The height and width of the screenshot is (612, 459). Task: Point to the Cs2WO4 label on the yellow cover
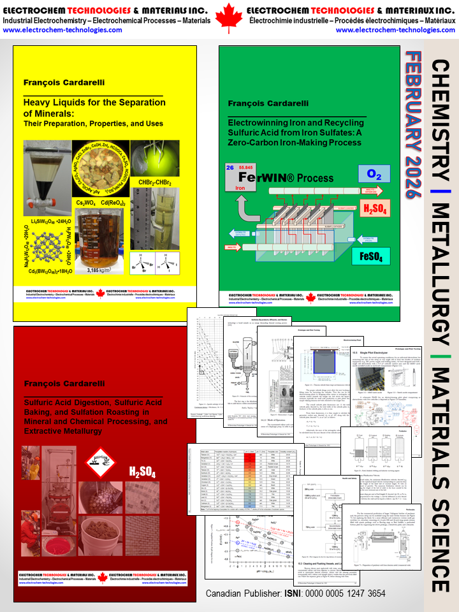90,203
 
